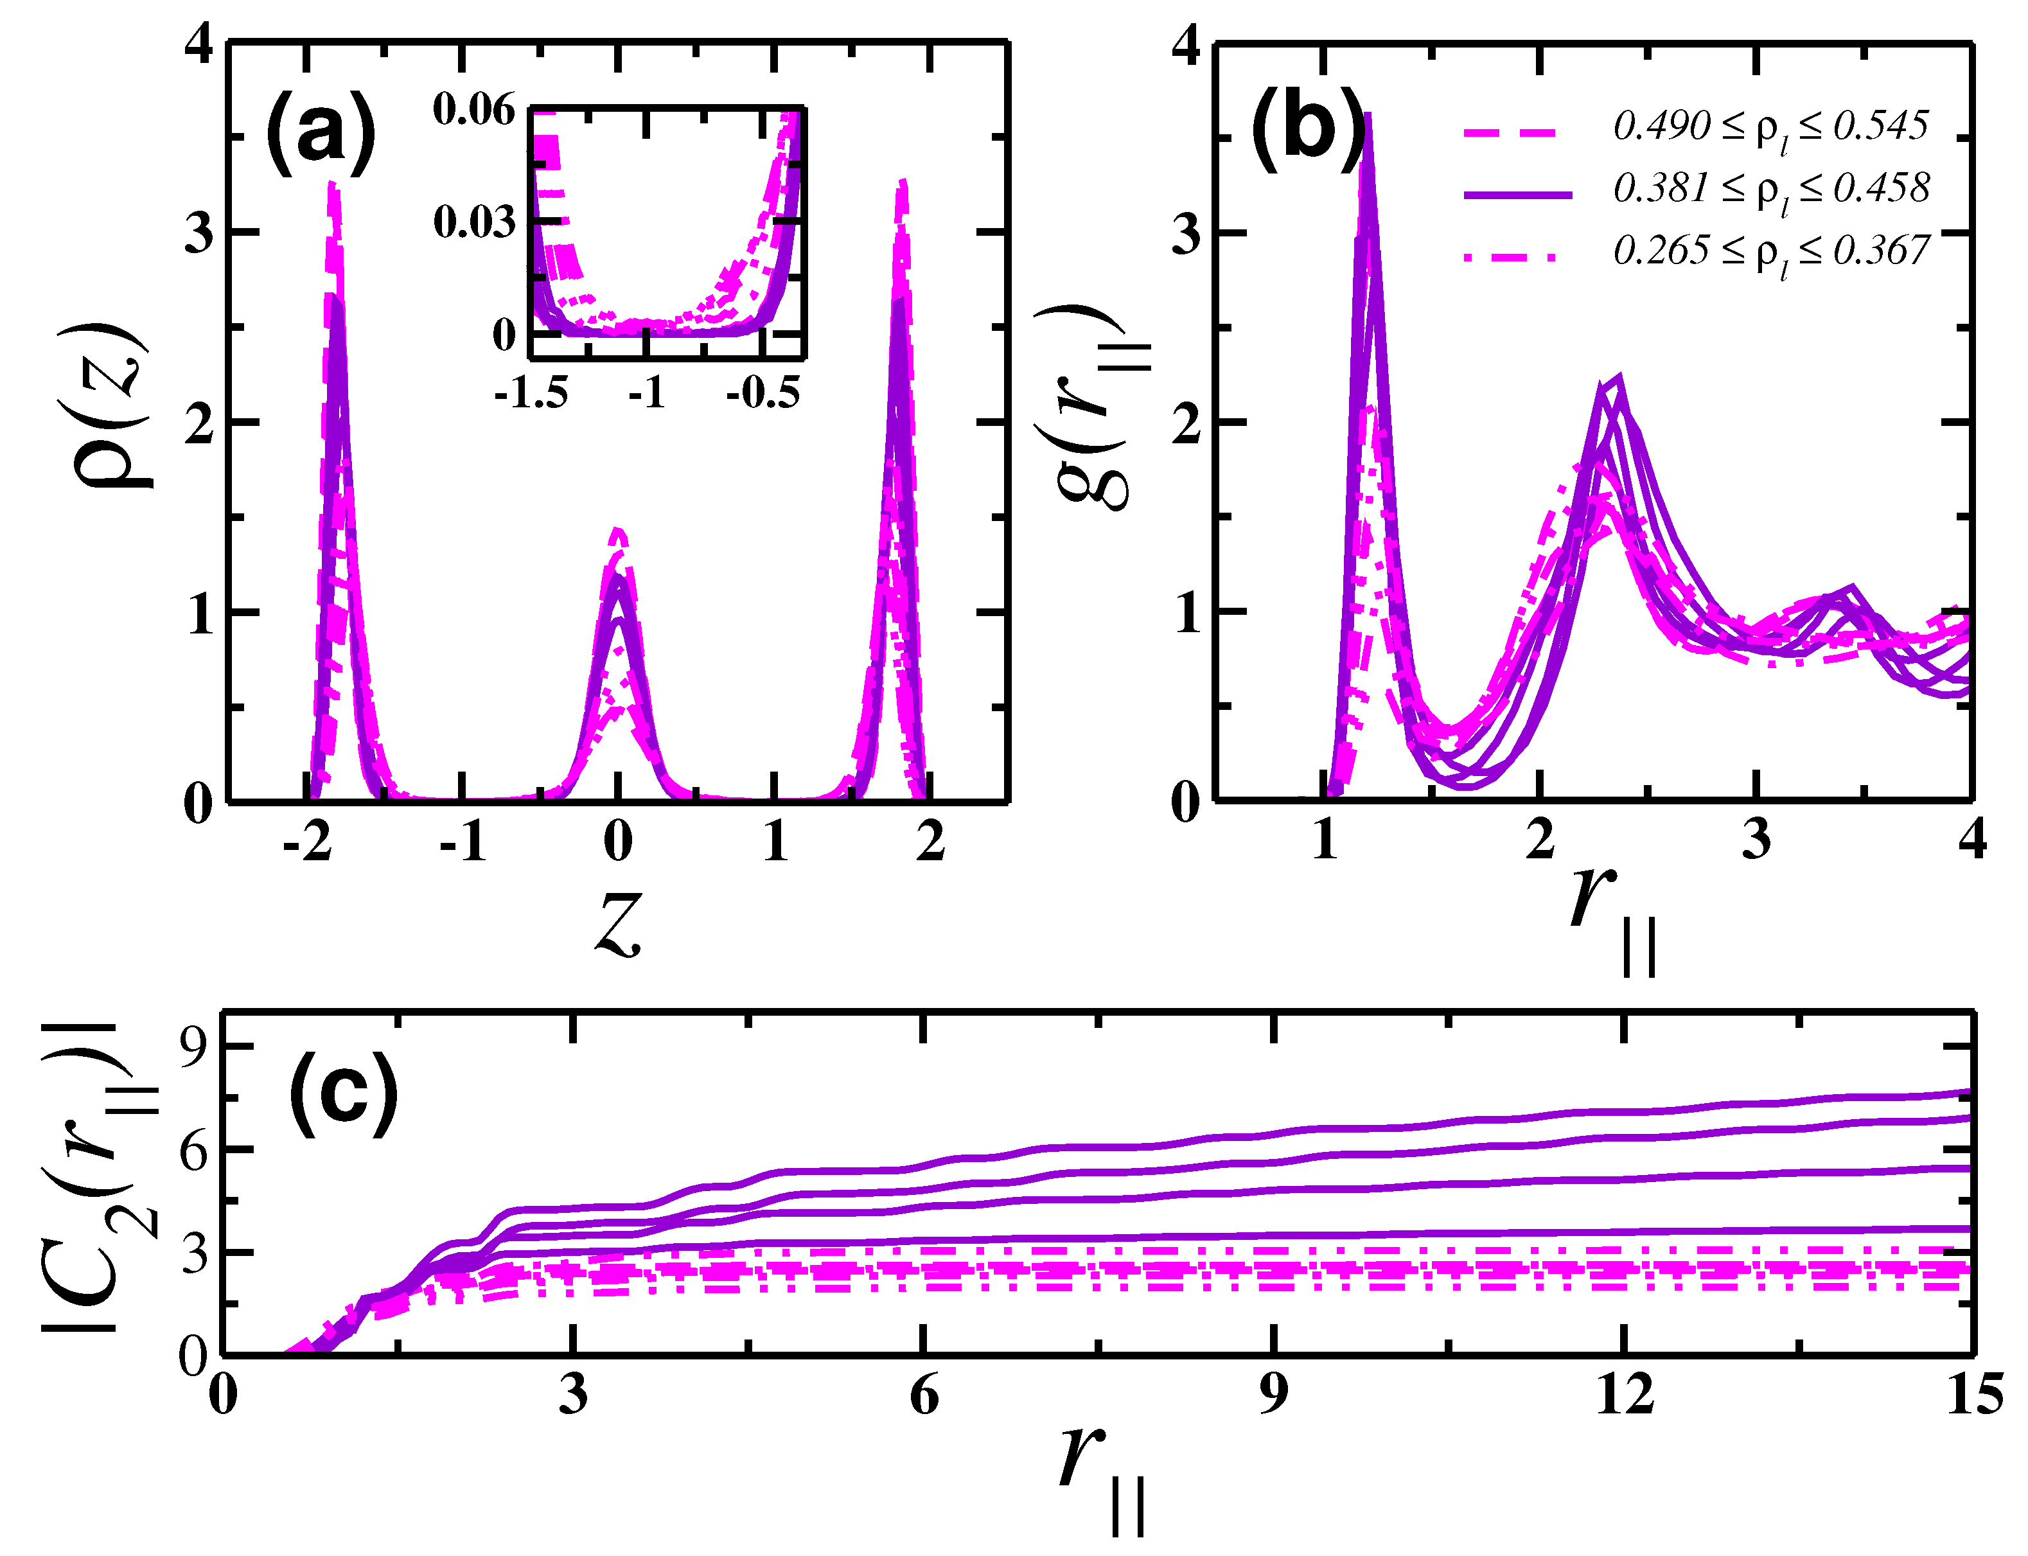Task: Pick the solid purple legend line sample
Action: point(1518,193)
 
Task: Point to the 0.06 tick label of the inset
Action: point(473,111)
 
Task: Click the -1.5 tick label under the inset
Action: point(531,394)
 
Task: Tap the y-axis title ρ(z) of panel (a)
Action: point(109,405)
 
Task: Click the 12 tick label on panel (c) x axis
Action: point(1623,1395)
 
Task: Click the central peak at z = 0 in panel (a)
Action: point(618,537)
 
